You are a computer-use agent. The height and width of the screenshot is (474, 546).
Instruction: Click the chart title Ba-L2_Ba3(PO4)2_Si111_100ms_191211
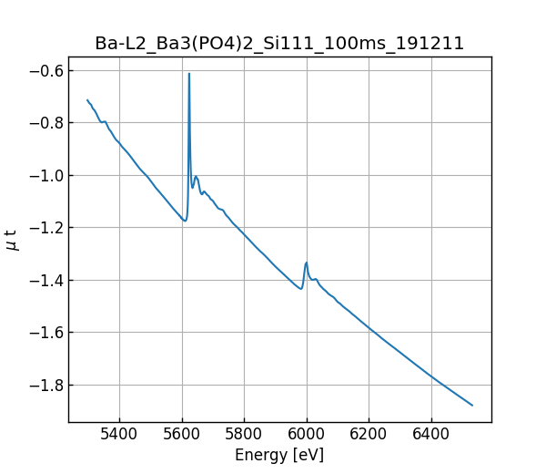click(x=279, y=43)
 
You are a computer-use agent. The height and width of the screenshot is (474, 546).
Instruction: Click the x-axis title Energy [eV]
click(x=279, y=455)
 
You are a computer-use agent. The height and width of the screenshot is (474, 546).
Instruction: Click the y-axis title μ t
click(x=12, y=240)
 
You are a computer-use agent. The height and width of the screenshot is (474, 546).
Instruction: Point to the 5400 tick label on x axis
click(x=120, y=434)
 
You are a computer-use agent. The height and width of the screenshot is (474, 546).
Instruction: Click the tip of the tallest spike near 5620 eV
click(x=189, y=74)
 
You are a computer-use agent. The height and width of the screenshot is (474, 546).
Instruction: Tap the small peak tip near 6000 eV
click(x=307, y=263)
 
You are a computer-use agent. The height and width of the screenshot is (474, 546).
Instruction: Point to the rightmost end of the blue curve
click(x=472, y=405)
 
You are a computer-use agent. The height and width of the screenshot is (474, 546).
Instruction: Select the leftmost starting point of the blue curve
click(x=87, y=100)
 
